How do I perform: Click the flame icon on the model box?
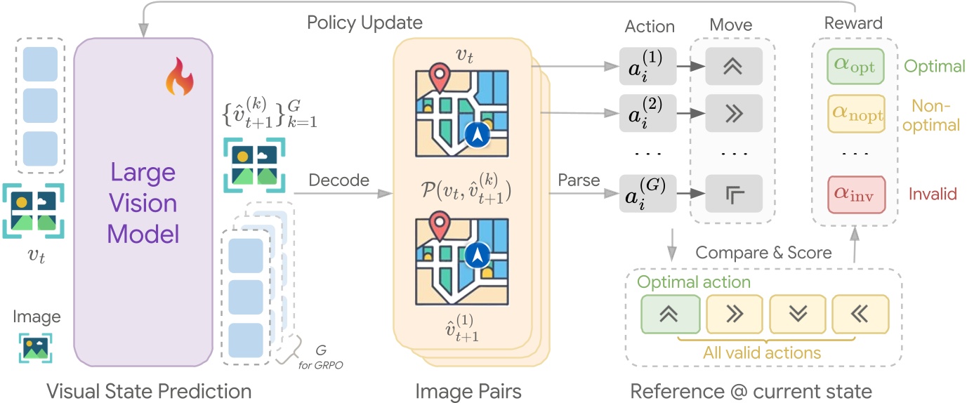178,79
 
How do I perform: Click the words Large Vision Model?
143,203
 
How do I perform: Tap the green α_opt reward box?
855,66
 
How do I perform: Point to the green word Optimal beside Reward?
934,67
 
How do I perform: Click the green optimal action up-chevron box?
670,314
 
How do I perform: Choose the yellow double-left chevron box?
860,314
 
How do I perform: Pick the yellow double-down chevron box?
797,314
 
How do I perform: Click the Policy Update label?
364,22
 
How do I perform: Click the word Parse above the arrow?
579,180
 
